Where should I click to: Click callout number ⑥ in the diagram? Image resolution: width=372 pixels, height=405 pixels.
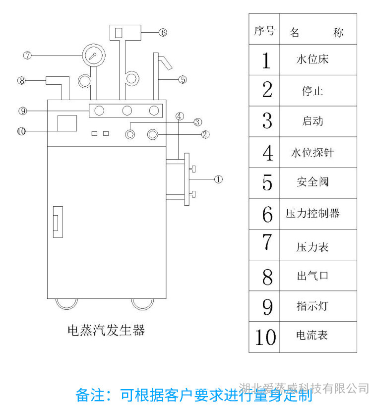(x=163, y=33)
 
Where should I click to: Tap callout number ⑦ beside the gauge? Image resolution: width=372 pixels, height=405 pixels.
(x=28, y=56)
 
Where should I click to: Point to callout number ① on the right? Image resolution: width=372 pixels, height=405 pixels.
(x=218, y=179)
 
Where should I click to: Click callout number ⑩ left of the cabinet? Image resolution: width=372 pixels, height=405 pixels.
(x=21, y=131)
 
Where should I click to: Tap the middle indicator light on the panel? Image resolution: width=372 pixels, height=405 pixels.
(x=127, y=111)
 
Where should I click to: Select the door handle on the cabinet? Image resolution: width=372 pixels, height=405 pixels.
(x=58, y=221)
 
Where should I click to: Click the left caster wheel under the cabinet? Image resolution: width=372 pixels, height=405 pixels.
(x=66, y=303)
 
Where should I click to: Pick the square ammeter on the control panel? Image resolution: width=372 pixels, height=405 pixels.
(x=67, y=123)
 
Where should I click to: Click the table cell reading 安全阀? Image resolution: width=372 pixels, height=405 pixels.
(x=312, y=182)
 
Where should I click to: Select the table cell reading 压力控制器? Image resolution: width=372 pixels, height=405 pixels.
(x=312, y=214)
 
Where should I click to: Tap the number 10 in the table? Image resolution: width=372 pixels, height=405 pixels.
(x=265, y=337)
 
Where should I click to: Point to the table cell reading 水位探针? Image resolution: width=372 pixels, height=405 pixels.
(x=312, y=152)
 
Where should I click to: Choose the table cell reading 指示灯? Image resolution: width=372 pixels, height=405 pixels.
(x=312, y=306)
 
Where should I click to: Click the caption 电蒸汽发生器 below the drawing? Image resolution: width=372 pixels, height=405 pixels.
(x=106, y=330)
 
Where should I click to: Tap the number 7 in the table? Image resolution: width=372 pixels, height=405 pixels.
(x=267, y=243)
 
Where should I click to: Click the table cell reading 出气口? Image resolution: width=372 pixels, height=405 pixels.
(x=312, y=276)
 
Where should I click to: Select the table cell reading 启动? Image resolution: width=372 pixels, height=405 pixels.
(x=312, y=121)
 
